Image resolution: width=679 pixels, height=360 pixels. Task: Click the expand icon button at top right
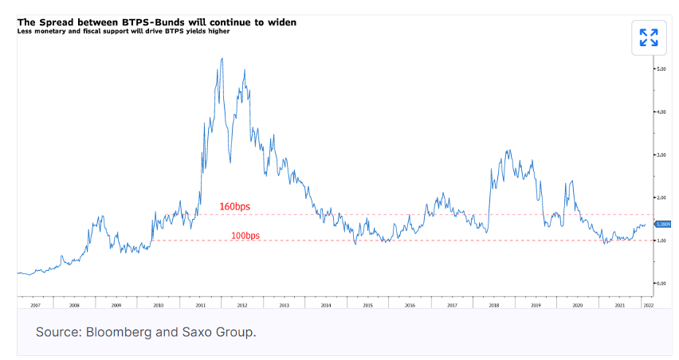tap(649, 37)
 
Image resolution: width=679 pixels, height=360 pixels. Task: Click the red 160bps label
tap(234, 207)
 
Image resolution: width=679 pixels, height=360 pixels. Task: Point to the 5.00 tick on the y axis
tap(660, 69)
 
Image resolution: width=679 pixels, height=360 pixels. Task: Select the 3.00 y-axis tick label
tap(660, 155)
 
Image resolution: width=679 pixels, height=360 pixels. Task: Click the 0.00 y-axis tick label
tap(660, 283)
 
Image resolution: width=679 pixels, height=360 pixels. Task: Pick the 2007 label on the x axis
tap(35, 305)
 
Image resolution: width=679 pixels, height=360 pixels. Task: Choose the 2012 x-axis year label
tap(241, 305)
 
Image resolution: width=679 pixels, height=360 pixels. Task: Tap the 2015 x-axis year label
tap(367, 305)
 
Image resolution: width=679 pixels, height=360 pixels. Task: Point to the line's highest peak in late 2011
tap(221, 59)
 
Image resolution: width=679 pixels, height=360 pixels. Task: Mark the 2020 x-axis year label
tap(576, 305)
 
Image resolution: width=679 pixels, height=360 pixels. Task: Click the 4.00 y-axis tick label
tap(660, 112)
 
